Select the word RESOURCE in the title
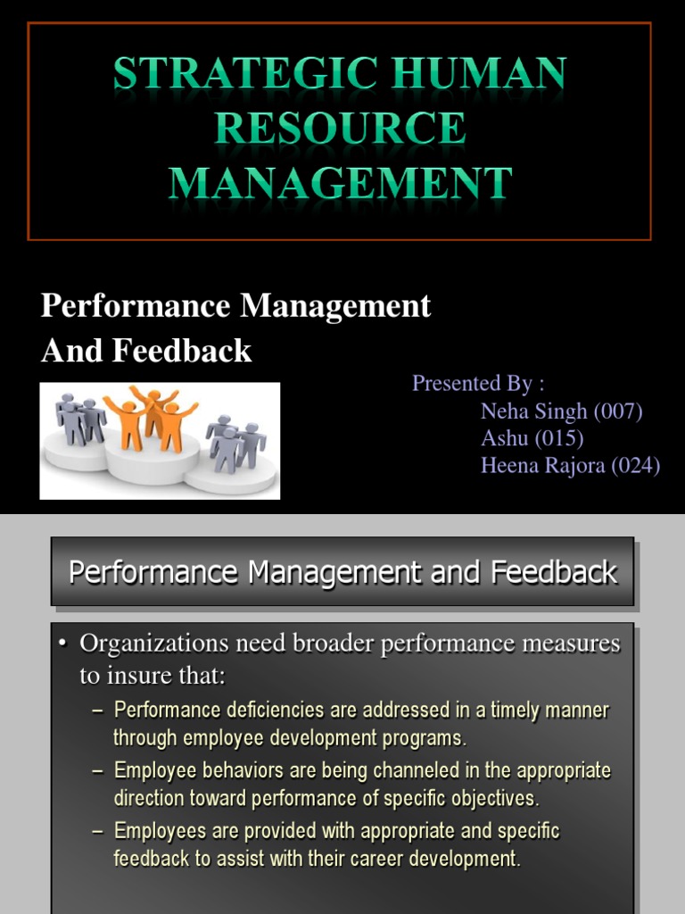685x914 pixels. (340, 129)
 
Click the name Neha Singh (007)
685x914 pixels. (561, 411)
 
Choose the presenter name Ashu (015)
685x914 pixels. (532, 438)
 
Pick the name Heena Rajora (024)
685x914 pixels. (570, 465)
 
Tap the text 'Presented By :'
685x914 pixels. (478, 383)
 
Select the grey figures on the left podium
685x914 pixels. (80, 418)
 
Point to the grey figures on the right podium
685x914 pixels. (235, 441)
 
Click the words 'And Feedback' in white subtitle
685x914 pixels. (146, 351)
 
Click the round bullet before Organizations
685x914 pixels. (63, 644)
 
